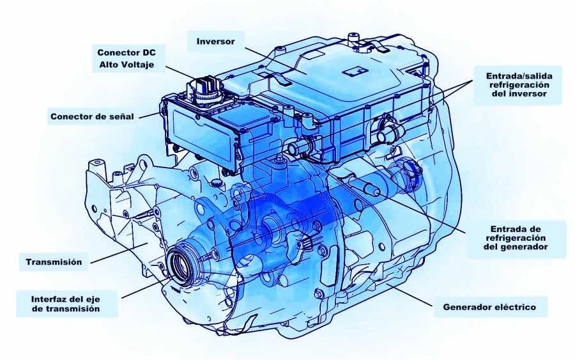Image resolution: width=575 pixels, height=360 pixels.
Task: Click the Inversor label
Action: pyautogui.click(x=215, y=41)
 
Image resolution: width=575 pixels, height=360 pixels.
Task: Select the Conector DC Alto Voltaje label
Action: pyautogui.click(x=126, y=58)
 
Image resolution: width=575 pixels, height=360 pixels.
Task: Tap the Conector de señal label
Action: pyautogui.click(x=92, y=117)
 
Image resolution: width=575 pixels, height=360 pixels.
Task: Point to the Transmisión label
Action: pyautogui.click(x=54, y=262)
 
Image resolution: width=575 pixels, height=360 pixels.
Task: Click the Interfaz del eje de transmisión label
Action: pyautogui.click(x=66, y=304)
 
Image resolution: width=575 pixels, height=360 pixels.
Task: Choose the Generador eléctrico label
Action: pyautogui.click(x=489, y=307)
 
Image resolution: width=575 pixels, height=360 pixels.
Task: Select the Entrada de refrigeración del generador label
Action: pyautogui.click(x=515, y=238)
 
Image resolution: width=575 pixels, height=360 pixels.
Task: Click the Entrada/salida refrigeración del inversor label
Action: pyautogui.click(x=519, y=85)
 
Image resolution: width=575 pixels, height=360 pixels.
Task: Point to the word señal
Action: pyautogui.click(x=121, y=117)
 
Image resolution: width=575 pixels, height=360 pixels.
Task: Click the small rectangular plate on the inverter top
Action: pyautogui.click(x=353, y=72)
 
